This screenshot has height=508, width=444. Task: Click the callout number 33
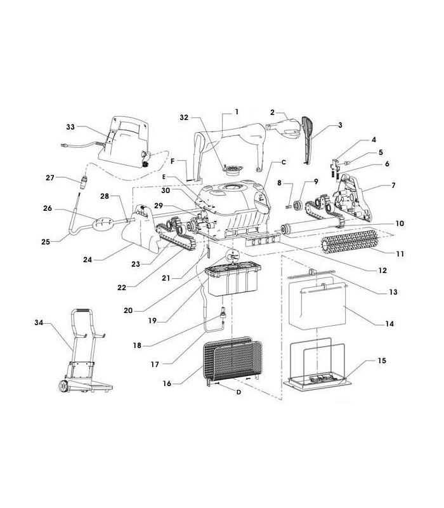[x=70, y=127]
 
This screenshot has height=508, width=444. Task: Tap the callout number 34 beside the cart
[x=39, y=323]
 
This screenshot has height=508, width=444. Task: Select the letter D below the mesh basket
[x=238, y=392]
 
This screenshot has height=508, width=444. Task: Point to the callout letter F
[x=173, y=161]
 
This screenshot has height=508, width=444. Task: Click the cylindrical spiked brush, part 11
[x=350, y=241]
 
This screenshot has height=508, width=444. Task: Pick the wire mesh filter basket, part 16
[x=232, y=359]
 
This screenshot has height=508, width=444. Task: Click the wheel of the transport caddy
[x=63, y=386]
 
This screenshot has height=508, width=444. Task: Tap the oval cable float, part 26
[x=103, y=224]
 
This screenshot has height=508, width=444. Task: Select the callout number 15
[x=382, y=361]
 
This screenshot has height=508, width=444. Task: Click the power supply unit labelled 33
[x=124, y=142]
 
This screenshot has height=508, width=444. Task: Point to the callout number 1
[x=237, y=112]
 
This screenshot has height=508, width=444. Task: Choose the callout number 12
[x=382, y=271]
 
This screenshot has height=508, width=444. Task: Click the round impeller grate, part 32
[x=232, y=169]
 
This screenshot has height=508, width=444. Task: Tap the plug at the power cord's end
[x=65, y=146]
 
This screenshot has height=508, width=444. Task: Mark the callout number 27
[x=50, y=178]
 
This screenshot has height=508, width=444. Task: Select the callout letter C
[x=284, y=162]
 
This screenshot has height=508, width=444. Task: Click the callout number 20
[x=128, y=311]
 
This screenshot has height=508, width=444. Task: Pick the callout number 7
[x=393, y=185]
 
